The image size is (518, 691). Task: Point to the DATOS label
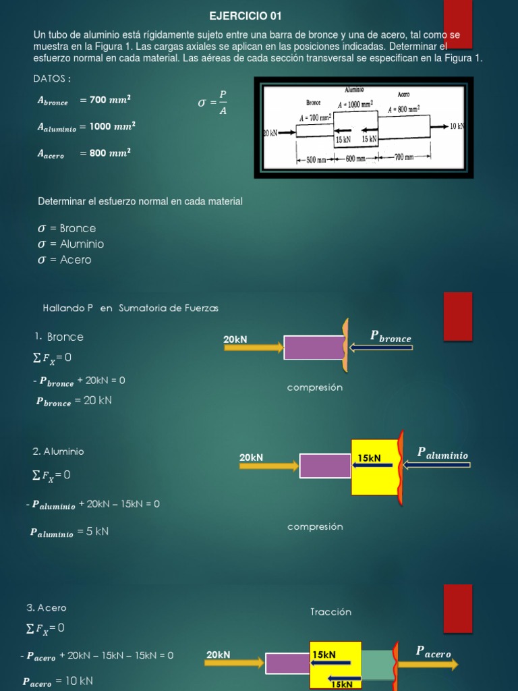52,79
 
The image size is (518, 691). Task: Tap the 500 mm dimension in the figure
316,160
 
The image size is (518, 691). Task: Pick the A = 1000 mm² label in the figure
355,105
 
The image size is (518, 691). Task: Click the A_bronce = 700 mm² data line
84,101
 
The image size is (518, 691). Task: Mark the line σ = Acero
65,260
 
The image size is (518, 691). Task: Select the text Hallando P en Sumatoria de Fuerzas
131,308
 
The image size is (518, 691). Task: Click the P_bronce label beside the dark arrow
391,337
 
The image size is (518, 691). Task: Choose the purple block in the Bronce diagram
314,348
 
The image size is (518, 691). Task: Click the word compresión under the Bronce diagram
315,387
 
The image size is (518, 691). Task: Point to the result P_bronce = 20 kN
74,401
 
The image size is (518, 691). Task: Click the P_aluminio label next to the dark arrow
442,453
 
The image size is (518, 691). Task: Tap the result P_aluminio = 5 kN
69,532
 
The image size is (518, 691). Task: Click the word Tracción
331,612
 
